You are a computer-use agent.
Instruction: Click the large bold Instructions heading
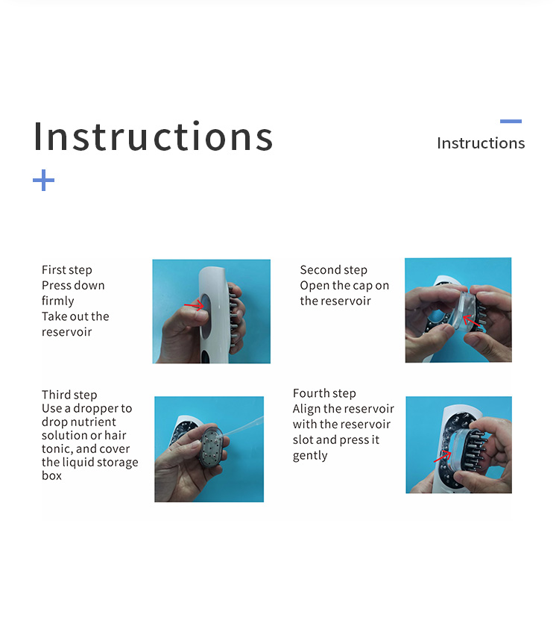154,137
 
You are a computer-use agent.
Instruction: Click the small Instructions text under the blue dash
481,143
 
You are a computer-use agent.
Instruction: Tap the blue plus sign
43,180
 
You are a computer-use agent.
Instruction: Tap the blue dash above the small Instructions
511,121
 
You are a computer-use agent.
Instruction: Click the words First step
67,270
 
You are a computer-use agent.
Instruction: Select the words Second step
333,270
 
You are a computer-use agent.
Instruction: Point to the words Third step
69,395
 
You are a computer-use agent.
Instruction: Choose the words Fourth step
324,393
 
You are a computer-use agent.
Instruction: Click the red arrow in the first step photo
194,305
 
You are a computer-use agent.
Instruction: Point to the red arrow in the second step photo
471,322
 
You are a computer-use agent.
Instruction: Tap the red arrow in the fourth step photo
442,457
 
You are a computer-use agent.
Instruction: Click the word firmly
58,301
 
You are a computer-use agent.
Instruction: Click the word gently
310,456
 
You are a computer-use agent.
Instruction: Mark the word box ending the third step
51,475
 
